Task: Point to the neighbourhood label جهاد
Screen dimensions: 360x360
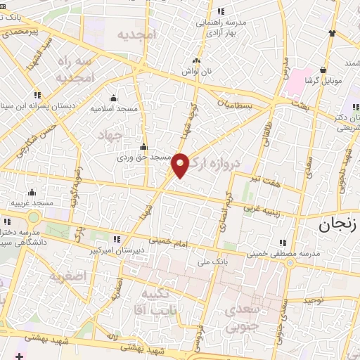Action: coord(110,134)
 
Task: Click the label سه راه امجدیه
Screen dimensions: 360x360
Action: coord(75,69)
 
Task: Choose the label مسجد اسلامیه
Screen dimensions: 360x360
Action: coord(114,109)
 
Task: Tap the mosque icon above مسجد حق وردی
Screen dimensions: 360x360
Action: coord(143,147)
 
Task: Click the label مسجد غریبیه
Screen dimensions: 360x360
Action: coord(31,202)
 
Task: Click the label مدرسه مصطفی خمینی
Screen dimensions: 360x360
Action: coord(283,252)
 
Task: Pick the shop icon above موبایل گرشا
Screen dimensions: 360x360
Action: coord(323,70)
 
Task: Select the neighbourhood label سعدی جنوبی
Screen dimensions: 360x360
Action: coord(239,316)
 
